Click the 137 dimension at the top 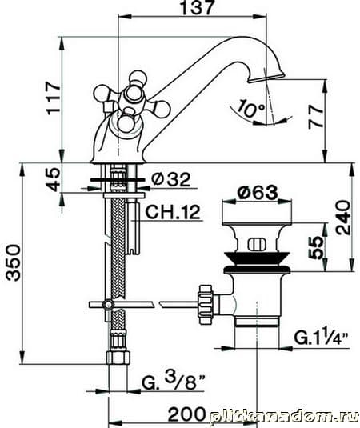coord(197,8)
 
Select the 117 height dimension coord(54,98)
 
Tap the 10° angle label coord(250,108)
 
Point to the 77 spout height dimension coord(316,118)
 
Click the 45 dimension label coord(53,179)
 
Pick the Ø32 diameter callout coord(170,180)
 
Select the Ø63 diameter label coord(257,193)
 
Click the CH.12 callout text coord(173,212)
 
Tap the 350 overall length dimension coord(14,262)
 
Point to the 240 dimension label coord(343,218)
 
